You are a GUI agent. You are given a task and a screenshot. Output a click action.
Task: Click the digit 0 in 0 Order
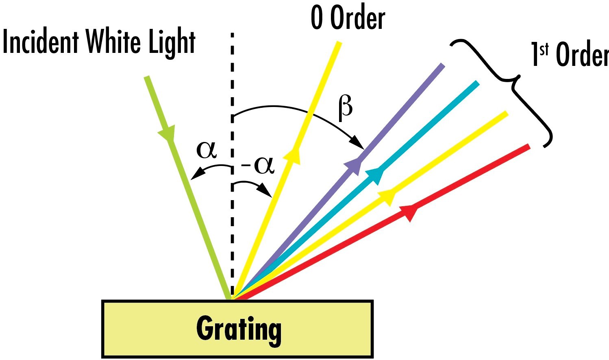(317, 18)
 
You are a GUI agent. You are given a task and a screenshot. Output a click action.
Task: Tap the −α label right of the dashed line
(258, 166)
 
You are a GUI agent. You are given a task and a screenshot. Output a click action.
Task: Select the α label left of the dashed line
(207, 151)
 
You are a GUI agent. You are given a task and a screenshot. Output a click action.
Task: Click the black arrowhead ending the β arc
(358, 143)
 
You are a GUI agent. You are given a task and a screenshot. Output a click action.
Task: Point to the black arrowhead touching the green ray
(198, 173)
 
